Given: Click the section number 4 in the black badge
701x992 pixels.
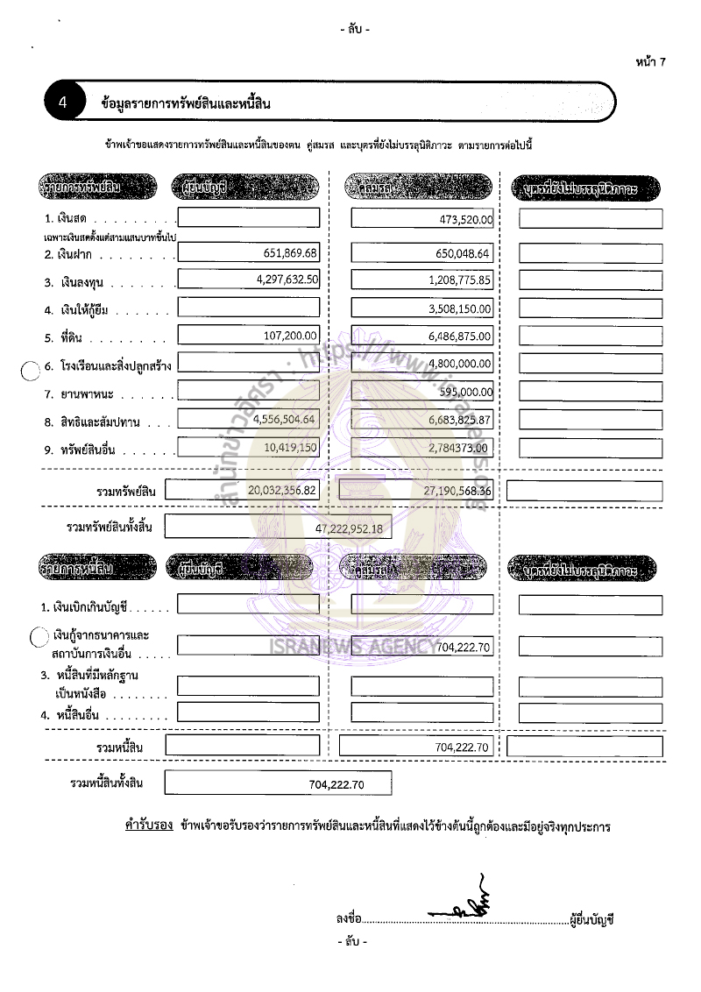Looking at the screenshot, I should coord(63,103).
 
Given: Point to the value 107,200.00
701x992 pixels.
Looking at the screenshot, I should coord(293,336).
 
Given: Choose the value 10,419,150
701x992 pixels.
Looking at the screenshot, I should coord(289,447).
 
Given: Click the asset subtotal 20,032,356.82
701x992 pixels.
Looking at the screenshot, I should coord(282,491).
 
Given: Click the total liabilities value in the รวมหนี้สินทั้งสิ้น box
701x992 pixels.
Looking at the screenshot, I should coord(336,784).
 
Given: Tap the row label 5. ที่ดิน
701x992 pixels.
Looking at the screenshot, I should coord(67,337).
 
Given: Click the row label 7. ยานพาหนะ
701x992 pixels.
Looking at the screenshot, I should coord(77,393).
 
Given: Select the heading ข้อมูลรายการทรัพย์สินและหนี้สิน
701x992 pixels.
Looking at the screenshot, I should coord(186,103).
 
